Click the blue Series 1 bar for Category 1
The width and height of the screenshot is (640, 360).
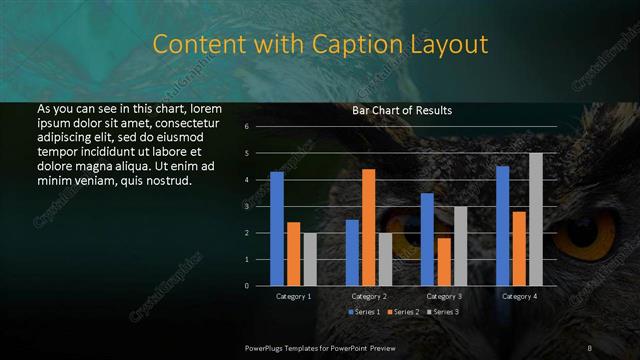277,229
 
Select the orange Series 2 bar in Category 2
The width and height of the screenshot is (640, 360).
369,227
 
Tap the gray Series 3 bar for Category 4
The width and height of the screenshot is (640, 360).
536,219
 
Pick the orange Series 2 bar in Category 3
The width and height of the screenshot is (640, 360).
444,261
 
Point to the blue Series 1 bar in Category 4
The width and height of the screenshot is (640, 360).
502,226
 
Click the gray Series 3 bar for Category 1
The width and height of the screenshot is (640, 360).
310,259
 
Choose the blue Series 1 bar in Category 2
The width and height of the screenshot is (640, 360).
352,252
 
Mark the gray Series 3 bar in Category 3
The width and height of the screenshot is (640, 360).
461,246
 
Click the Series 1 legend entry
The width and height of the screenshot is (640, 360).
365,313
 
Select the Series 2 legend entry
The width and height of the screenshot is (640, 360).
403,313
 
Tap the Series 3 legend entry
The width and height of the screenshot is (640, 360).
442,313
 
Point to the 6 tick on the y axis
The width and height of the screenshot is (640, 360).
246,127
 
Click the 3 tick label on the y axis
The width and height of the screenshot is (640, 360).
246,206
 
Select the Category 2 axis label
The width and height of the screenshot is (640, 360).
369,297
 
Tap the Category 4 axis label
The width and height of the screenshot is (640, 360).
519,297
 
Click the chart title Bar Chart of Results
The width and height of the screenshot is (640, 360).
402,110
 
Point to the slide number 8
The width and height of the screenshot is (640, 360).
590,347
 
